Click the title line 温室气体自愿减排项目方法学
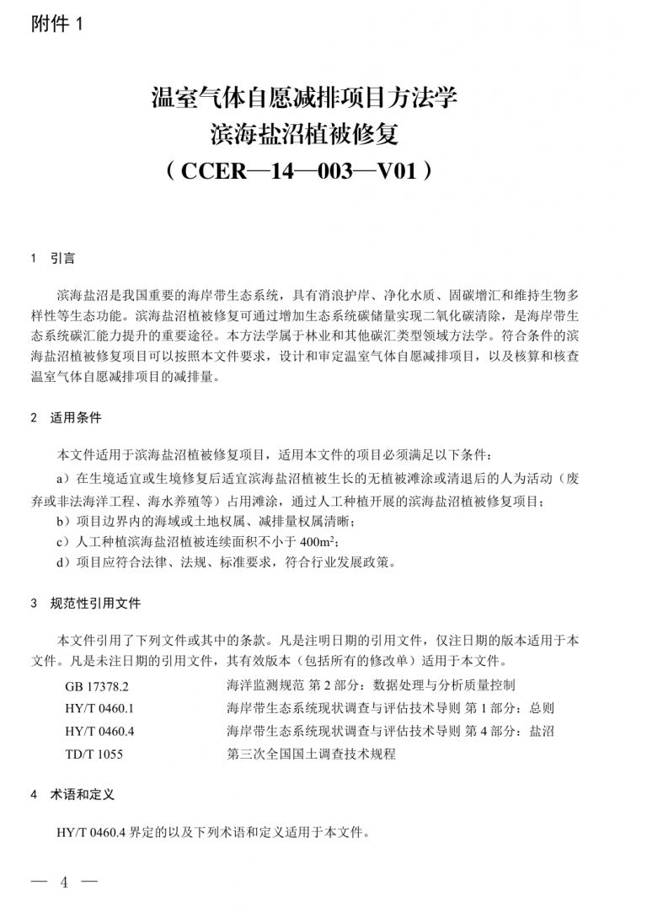(303, 98)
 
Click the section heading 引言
(62, 258)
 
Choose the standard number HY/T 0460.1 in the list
(99, 708)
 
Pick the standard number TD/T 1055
(94, 754)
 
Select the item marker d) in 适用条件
(62, 562)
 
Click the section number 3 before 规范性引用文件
(33, 604)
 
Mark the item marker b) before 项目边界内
(62, 521)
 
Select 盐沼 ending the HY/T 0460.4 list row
(542, 731)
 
